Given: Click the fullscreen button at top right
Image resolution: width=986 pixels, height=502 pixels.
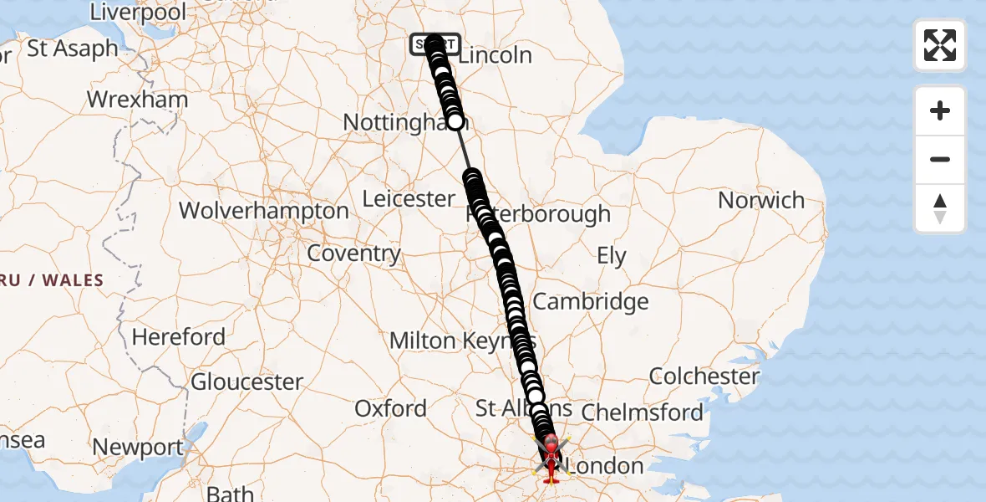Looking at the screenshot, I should pyautogui.click(x=940, y=45).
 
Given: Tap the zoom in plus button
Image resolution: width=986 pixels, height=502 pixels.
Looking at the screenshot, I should pyautogui.click(x=940, y=111).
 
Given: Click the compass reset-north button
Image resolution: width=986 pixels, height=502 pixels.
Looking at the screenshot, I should pyautogui.click(x=940, y=208).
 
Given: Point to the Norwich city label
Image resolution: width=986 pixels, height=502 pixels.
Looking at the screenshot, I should pyautogui.click(x=761, y=201).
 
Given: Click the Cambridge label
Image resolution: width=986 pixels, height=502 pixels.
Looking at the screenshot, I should pyautogui.click(x=590, y=301).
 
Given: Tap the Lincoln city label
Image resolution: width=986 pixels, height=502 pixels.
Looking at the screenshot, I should pyautogui.click(x=496, y=55).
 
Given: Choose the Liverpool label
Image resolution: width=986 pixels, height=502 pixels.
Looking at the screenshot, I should pyautogui.click(x=138, y=12).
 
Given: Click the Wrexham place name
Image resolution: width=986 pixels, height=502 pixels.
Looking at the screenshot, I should pyautogui.click(x=137, y=100).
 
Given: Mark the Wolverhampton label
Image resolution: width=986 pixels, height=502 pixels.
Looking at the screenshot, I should pyautogui.click(x=263, y=211).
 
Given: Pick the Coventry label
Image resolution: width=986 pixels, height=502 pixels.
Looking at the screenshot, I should pyautogui.click(x=354, y=254).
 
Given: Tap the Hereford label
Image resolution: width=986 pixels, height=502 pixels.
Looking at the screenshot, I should pyautogui.click(x=179, y=337).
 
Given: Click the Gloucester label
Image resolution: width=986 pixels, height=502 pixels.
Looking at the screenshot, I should pyautogui.click(x=247, y=382).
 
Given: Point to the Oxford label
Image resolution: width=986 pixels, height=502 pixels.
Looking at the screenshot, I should pyautogui.click(x=390, y=408).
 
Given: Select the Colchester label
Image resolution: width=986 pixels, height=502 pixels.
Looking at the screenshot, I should pyautogui.click(x=704, y=376).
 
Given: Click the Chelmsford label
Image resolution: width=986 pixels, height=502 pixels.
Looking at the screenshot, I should pyautogui.click(x=642, y=412).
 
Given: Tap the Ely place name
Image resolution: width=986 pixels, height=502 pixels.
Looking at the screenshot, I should pyautogui.click(x=612, y=256).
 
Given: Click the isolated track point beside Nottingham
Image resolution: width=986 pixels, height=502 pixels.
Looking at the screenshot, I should pyautogui.click(x=455, y=122).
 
